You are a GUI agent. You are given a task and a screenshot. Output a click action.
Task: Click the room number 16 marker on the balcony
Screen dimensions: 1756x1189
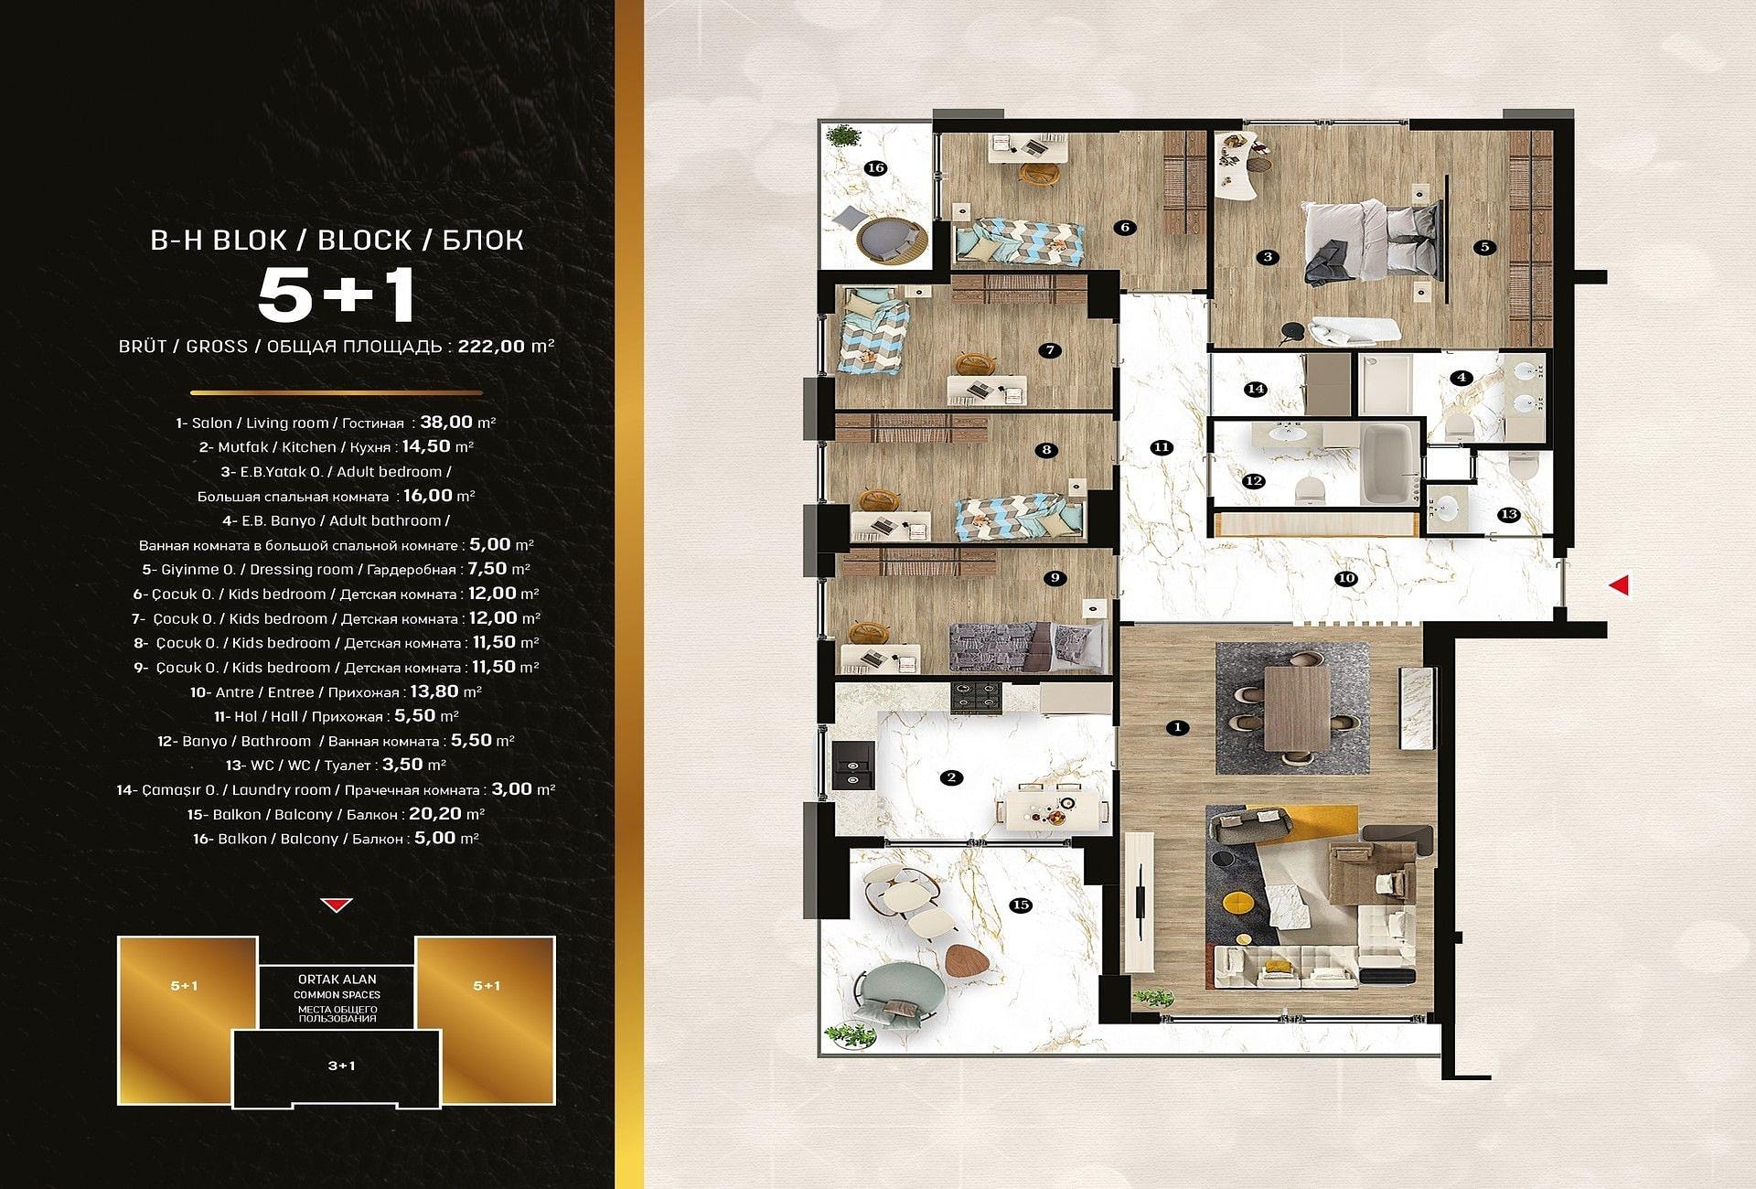click(x=875, y=167)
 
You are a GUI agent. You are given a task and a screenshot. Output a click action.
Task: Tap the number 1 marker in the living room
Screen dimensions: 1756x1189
click(x=1178, y=728)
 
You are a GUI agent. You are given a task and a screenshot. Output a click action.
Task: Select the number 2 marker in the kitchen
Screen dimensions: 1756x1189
click(x=952, y=777)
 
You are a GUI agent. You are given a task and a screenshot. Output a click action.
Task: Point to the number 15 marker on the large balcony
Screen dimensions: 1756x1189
click(x=1021, y=905)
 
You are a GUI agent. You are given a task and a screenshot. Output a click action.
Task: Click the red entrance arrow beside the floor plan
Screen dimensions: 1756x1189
click(x=1620, y=584)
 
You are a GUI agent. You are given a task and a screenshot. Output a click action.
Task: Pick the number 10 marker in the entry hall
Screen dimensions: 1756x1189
click(x=1345, y=578)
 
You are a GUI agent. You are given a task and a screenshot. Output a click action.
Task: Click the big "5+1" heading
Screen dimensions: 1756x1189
click(x=337, y=295)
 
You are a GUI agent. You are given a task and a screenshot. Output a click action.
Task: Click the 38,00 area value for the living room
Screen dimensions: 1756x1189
click(x=446, y=423)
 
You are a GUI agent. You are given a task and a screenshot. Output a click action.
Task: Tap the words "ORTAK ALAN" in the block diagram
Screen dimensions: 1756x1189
click(x=337, y=979)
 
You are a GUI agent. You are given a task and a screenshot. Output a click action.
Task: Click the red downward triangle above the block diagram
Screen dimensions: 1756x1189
click(x=337, y=905)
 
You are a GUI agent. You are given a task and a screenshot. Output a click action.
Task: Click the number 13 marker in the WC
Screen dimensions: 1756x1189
click(x=1509, y=515)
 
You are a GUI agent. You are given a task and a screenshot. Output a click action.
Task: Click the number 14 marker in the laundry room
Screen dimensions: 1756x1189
click(x=1256, y=389)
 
